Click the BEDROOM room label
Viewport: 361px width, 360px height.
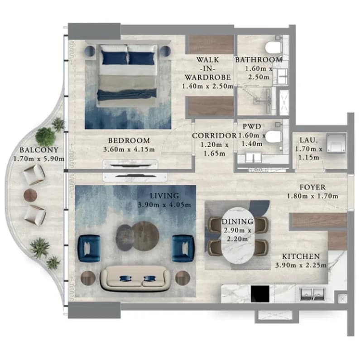coord(129,140)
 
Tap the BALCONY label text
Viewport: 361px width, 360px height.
coord(39,150)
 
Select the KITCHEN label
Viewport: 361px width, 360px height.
coord(301,256)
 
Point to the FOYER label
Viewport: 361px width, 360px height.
coord(313,187)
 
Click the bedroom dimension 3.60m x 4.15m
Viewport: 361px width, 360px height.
coord(129,149)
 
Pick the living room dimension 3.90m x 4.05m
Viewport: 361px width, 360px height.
coord(164,205)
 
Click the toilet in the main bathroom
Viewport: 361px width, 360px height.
coord(274,48)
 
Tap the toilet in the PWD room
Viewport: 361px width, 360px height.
coord(274,136)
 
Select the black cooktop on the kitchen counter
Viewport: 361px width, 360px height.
coord(260,294)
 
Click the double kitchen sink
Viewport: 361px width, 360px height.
coord(313,294)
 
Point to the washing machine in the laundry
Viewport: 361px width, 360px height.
coord(336,143)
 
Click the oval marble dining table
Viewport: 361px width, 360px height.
coord(238,235)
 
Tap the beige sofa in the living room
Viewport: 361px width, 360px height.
coord(136,278)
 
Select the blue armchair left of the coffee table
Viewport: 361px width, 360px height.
coord(89,248)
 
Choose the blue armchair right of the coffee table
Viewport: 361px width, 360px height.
coord(183,248)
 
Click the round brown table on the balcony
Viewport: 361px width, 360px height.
coord(30,195)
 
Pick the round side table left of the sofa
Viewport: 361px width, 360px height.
coord(88,278)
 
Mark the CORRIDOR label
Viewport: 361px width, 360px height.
coord(214,135)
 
